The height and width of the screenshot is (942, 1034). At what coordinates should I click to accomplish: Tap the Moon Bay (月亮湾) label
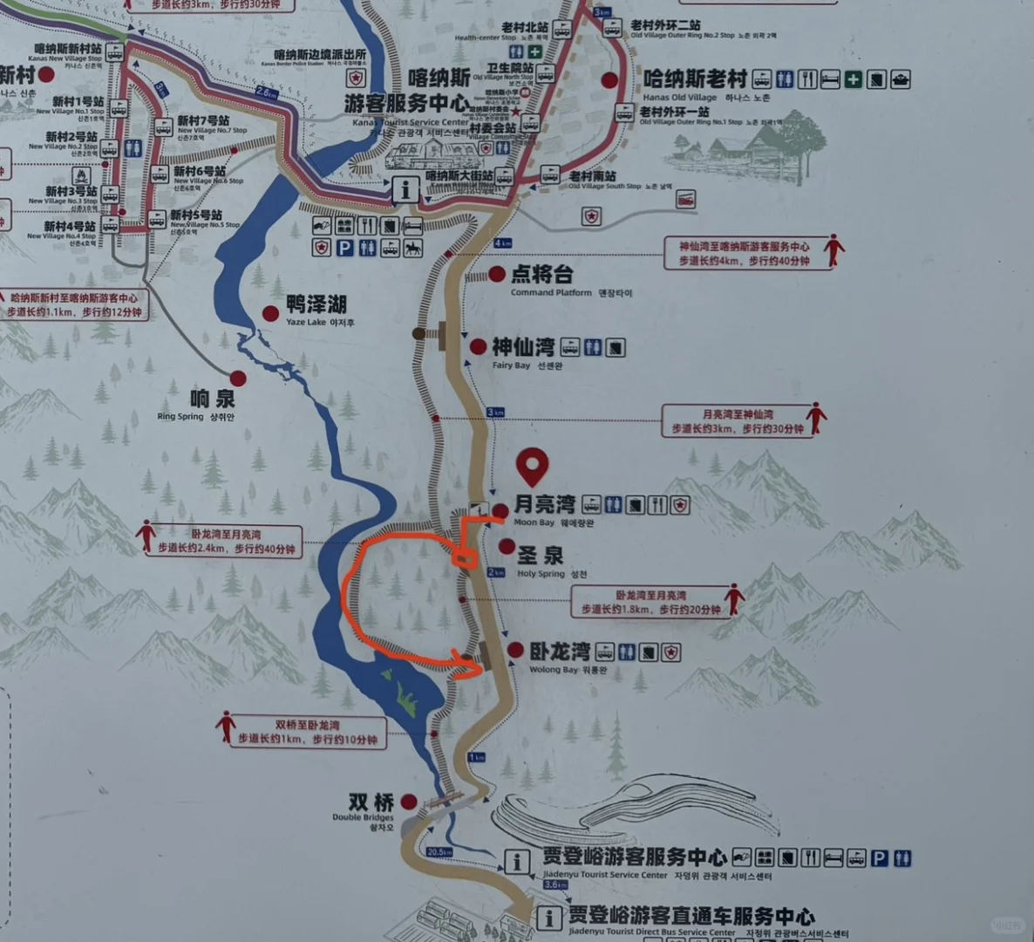(x=544, y=504)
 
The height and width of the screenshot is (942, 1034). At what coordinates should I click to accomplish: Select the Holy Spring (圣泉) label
(x=541, y=556)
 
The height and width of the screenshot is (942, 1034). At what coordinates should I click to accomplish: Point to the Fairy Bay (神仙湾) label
(x=523, y=347)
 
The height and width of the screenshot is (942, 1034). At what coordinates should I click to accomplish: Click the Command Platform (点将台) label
(x=541, y=275)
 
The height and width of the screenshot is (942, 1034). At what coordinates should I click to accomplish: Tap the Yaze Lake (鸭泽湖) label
(x=316, y=304)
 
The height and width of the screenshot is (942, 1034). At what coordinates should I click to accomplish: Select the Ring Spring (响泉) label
(x=213, y=399)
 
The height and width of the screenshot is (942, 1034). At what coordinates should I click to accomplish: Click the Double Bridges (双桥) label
(x=371, y=802)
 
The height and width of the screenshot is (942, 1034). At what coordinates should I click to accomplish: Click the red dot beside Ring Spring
(x=238, y=378)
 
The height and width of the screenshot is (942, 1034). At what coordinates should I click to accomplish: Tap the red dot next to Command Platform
(x=496, y=275)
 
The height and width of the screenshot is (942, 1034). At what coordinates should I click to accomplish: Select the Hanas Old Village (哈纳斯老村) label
(x=695, y=79)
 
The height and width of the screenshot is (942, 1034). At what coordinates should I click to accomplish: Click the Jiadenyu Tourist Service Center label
(x=634, y=857)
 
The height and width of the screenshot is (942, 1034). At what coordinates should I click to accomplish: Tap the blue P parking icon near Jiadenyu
(x=879, y=858)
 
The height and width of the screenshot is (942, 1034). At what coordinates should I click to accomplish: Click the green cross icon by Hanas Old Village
(x=853, y=80)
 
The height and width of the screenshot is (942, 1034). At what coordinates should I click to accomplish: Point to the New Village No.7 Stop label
(x=203, y=120)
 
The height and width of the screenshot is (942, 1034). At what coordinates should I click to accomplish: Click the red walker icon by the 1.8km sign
(x=735, y=598)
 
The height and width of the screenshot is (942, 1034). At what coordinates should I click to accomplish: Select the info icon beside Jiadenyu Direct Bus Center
(x=548, y=918)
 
